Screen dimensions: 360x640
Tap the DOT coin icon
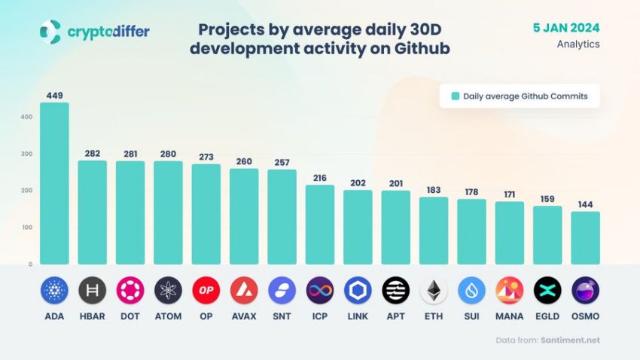pos(130,290)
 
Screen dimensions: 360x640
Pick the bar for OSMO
pos(585,238)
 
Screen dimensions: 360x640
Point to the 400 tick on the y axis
pos(26,117)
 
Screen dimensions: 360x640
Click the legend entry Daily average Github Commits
pos(520,96)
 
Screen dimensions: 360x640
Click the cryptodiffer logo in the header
pos(94,32)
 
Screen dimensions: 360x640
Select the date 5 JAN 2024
pos(565,28)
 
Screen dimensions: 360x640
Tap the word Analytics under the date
pos(578,44)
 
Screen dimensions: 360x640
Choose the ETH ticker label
pos(434,316)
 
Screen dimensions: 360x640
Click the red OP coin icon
pos(206,290)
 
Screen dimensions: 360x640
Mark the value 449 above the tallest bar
pos(54,96)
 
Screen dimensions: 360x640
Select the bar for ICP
pos(320,224)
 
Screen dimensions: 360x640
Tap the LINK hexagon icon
pos(358,290)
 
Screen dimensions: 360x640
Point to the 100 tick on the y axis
pos(26,227)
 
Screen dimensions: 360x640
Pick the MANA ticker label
pos(510,316)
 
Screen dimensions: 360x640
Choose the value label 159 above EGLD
pos(547,200)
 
